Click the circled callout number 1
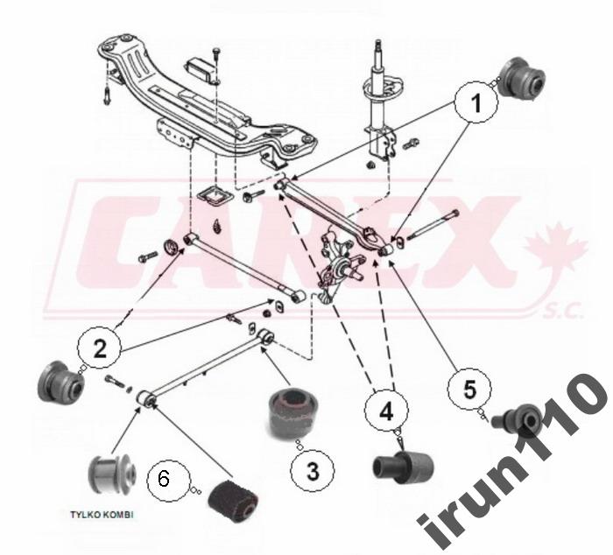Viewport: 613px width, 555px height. [476, 102]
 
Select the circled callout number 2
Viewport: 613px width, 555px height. [100, 348]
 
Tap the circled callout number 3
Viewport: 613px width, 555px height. [313, 470]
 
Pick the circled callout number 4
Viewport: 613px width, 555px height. [386, 411]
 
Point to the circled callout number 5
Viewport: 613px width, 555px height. [469, 389]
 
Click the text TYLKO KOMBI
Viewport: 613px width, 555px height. [102, 515]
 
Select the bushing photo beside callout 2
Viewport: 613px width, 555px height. [60, 383]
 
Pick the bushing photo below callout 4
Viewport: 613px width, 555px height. [403, 465]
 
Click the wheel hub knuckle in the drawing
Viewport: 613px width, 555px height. [340, 266]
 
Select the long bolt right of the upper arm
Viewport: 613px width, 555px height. [433, 225]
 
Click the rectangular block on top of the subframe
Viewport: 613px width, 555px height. [200, 70]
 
